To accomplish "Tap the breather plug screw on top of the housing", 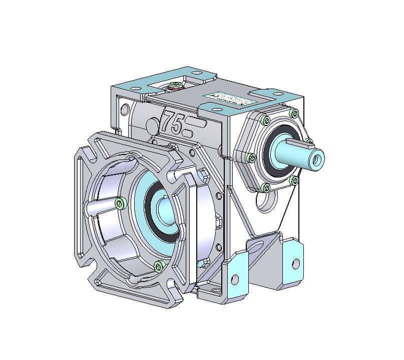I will [176, 86].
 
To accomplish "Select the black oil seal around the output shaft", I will [276, 155].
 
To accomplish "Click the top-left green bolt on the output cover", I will [265, 120].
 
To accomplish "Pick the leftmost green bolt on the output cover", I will [251, 158].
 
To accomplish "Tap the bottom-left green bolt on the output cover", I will [266, 187].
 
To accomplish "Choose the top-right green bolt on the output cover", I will [294, 113].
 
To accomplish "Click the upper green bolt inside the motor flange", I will [120, 202].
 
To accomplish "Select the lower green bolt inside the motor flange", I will [160, 265].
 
